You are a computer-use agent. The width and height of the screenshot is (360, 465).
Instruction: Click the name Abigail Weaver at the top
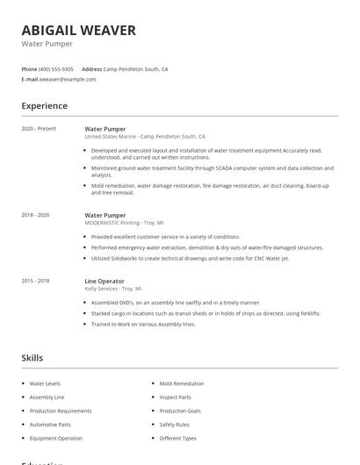79,31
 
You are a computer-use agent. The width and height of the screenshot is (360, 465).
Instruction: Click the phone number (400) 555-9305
57,68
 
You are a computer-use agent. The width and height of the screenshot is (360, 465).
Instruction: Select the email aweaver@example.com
68,79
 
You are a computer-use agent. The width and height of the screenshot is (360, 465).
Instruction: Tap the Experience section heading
45,106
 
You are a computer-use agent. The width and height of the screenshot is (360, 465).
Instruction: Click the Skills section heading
32,358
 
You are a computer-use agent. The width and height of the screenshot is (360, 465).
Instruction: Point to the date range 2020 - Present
39,129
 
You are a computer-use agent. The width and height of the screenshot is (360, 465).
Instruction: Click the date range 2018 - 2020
35,215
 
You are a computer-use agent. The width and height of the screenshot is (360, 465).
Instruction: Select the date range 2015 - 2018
35,281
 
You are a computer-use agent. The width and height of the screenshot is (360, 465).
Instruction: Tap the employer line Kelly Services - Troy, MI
113,289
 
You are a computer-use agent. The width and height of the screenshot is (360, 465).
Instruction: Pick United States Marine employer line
145,137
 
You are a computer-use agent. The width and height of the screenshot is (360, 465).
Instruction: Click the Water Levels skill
46,383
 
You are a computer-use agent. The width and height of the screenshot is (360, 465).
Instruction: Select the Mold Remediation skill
182,383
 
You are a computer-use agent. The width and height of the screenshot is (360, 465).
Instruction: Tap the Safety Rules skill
174,425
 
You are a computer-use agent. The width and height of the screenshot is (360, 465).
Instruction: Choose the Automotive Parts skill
50,425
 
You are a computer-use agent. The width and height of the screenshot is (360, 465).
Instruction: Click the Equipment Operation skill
56,438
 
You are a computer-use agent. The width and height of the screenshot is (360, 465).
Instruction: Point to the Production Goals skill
180,411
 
